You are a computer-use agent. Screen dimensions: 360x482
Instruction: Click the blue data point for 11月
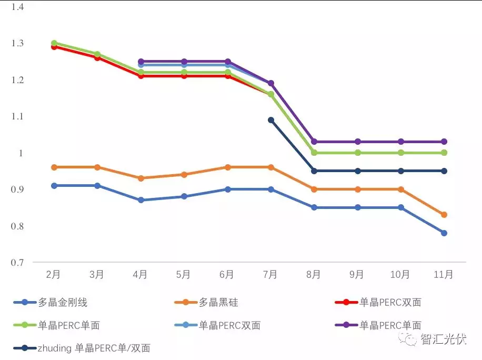coord(444,233)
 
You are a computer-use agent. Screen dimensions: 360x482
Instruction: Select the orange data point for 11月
coord(444,215)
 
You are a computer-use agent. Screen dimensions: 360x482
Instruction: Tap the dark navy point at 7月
coord(271,120)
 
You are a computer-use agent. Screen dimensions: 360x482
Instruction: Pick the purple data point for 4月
coord(140,62)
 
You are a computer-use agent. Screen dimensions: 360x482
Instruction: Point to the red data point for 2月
coord(54,47)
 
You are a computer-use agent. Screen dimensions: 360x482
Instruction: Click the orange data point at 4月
coord(140,178)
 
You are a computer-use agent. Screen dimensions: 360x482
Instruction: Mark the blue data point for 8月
coord(314,207)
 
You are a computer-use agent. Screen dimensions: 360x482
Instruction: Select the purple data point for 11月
coord(444,142)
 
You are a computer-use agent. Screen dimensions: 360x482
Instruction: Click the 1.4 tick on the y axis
coord(18,7)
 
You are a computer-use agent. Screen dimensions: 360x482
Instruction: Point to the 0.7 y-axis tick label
coord(18,262)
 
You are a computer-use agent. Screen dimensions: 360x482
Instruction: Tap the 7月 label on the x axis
coord(270,274)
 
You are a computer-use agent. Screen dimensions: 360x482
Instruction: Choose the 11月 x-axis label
coord(443,274)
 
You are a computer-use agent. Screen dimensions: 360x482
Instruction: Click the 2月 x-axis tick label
coord(53,274)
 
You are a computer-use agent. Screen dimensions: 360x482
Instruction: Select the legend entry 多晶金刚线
coord(63,302)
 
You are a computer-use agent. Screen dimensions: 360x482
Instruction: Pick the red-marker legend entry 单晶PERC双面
coord(390,302)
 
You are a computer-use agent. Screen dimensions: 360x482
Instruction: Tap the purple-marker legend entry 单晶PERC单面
coord(390,325)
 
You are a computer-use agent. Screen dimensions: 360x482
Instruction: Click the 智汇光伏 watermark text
coord(443,339)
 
